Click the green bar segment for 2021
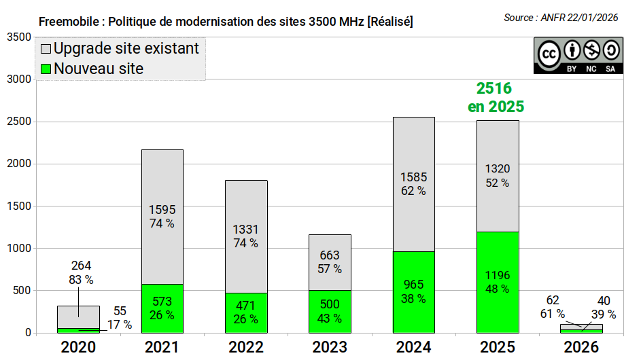162,308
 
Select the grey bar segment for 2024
414,184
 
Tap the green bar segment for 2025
498,283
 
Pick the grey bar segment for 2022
246,236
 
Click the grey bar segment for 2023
330,262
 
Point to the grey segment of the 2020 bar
78,317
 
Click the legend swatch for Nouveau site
46,69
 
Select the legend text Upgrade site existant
126,48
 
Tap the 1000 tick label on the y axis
19,248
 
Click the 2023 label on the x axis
330,347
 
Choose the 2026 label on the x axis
581,347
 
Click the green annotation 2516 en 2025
496,97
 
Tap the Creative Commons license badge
578,56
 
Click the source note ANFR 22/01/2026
579,18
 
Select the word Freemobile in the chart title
69,21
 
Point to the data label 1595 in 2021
162,210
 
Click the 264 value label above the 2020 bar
81,266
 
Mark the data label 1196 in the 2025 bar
498,275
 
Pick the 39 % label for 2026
604,314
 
